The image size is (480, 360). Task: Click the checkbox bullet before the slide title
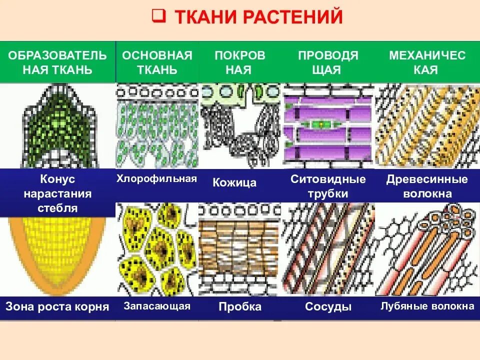pyautogui.click(x=158, y=16)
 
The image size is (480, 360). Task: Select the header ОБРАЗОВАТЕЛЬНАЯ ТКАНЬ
pyautogui.click(x=57, y=62)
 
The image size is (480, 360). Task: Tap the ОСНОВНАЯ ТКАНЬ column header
pyautogui.click(x=157, y=62)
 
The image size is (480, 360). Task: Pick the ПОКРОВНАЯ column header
pyautogui.click(x=240, y=62)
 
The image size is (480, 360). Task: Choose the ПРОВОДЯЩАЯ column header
pyautogui.click(x=328, y=62)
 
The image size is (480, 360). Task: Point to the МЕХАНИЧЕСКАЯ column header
pyautogui.click(x=427, y=62)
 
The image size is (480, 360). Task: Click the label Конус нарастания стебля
pyautogui.click(x=57, y=193)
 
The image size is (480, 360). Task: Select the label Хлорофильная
pyautogui.click(x=156, y=178)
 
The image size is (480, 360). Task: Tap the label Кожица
pyautogui.click(x=234, y=182)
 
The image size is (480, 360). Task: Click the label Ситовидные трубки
pyautogui.click(x=328, y=186)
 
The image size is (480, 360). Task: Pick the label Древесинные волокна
pyautogui.click(x=427, y=186)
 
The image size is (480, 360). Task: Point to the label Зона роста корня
pyautogui.click(x=57, y=306)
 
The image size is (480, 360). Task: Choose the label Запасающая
pyautogui.click(x=156, y=306)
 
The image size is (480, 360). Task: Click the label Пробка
pyautogui.click(x=240, y=306)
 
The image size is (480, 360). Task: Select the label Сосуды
pyautogui.click(x=328, y=306)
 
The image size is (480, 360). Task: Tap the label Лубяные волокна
pyautogui.click(x=427, y=306)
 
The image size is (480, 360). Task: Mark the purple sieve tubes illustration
pyautogui.click(x=328, y=125)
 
